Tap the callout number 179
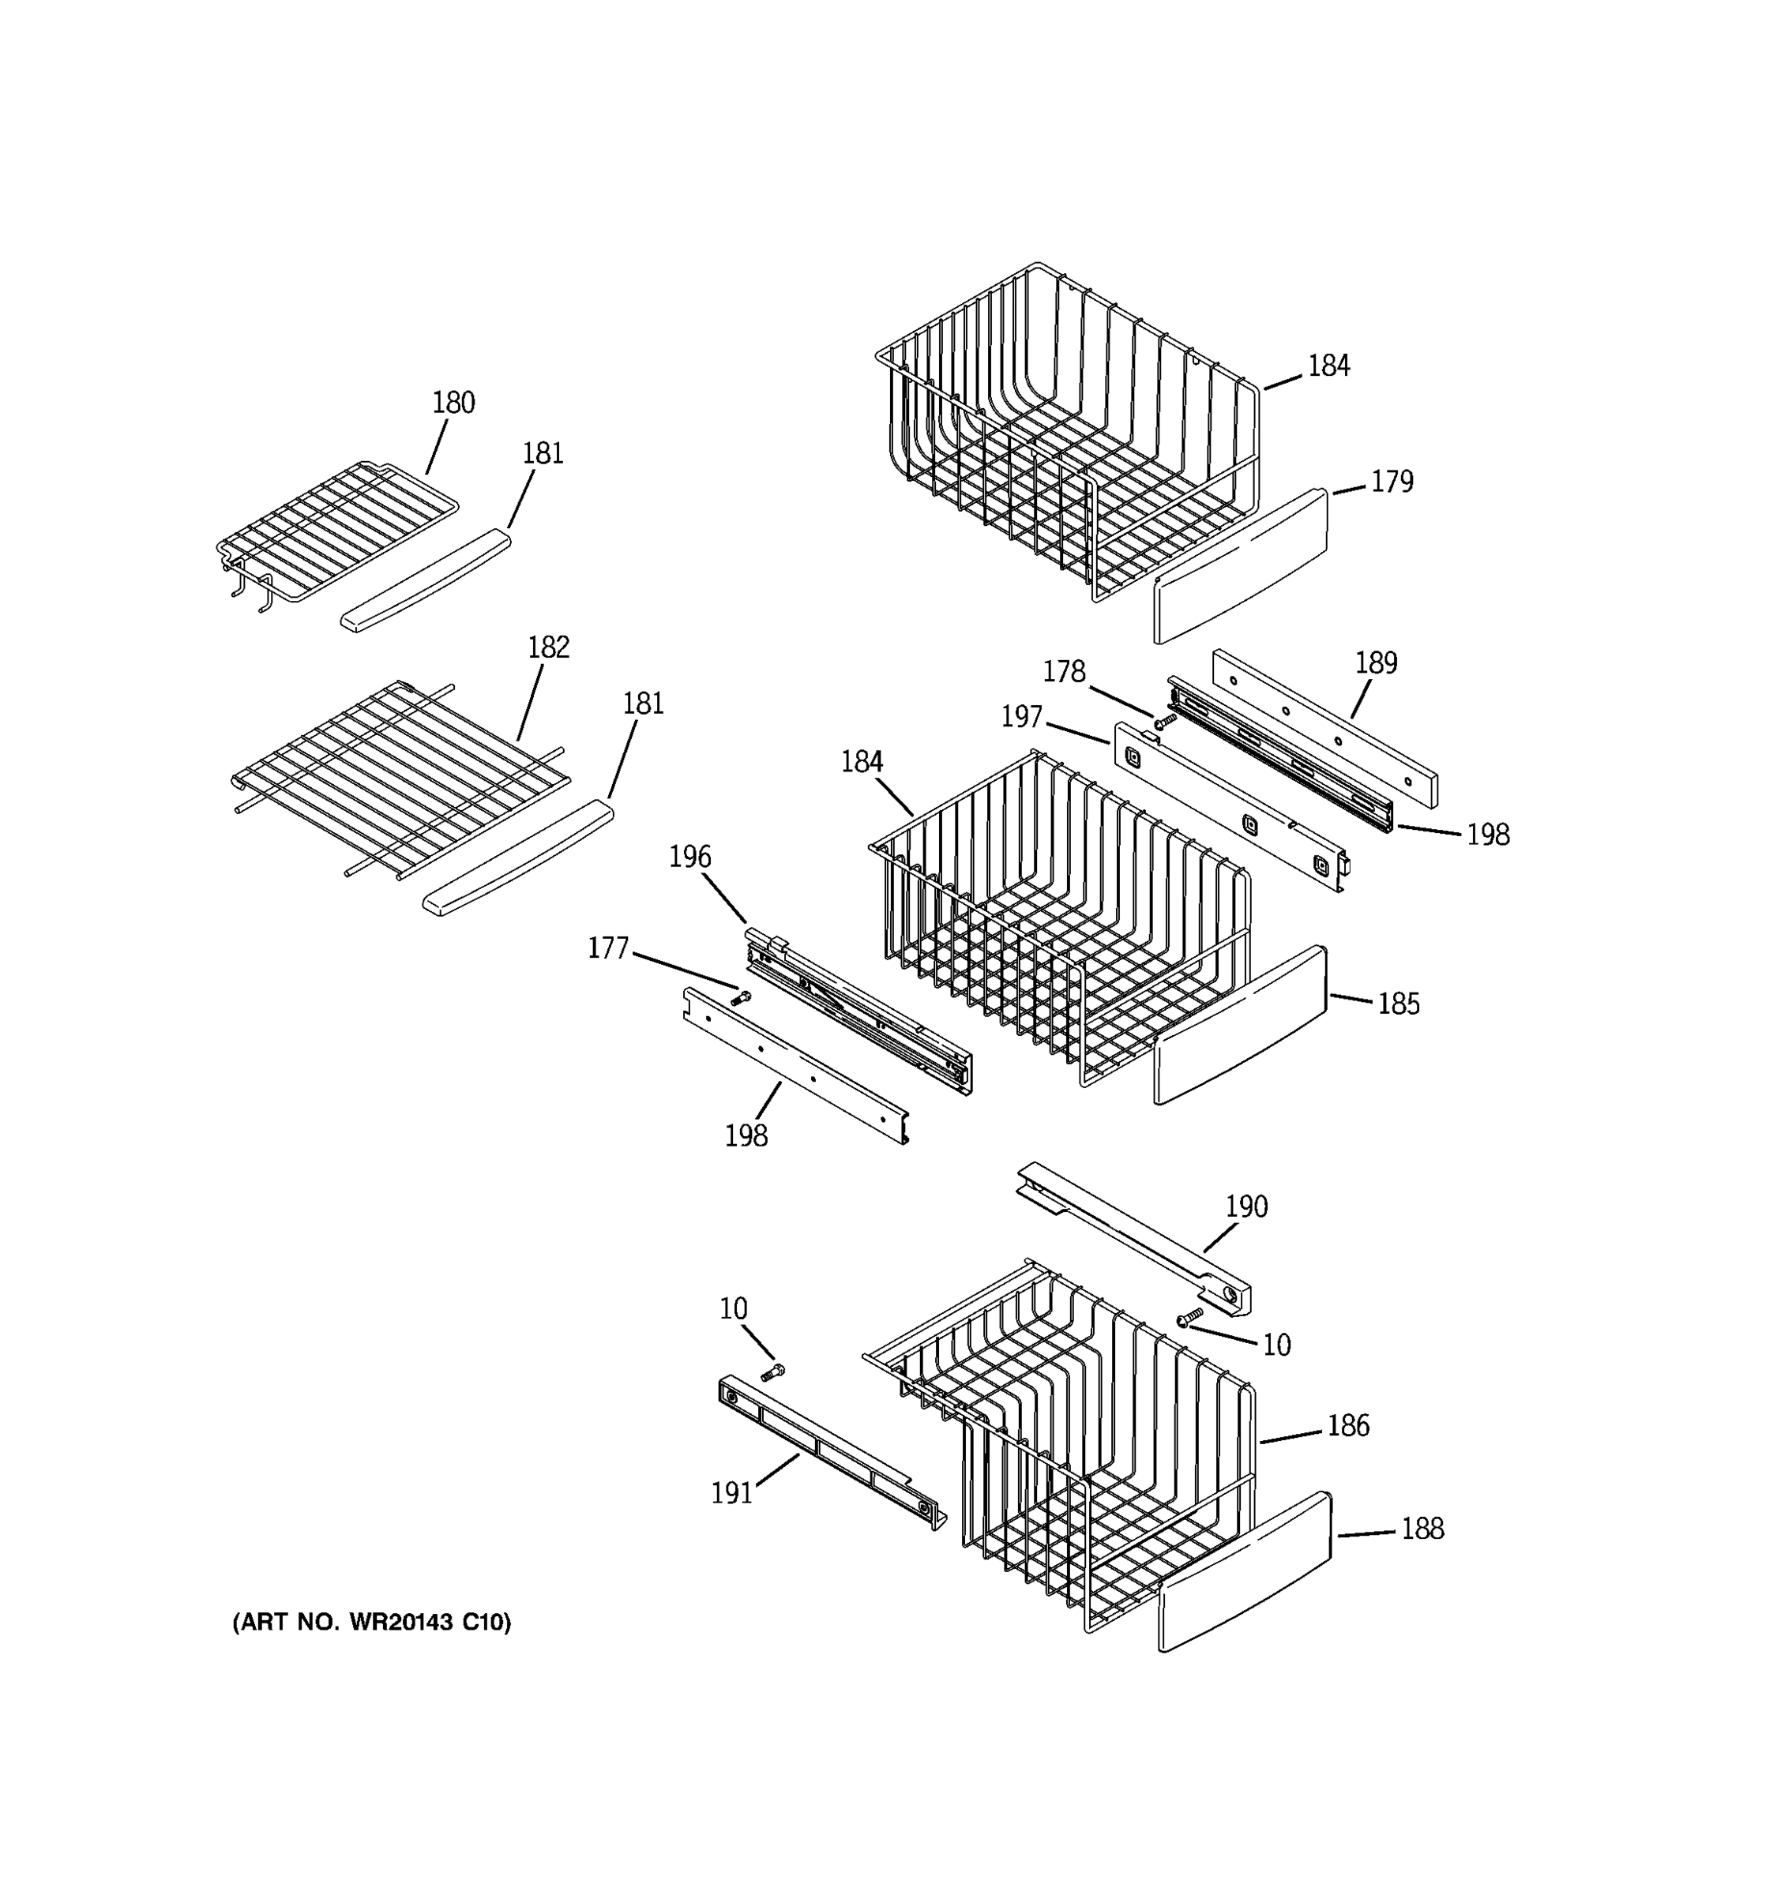pyautogui.click(x=1391, y=482)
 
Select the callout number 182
pyautogui.click(x=548, y=648)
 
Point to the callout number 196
pyautogui.click(x=689, y=857)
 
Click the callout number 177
pyautogui.click(x=608, y=948)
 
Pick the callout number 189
pyautogui.click(x=1376, y=663)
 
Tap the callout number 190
pyautogui.click(x=1246, y=1206)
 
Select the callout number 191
pyautogui.click(x=731, y=1493)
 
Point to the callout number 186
pyautogui.click(x=1348, y=1425)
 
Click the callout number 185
pyautogui.click(x=1398, y=1004)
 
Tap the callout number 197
pyautogui.click(x=1021, y=717)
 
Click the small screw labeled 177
pyautogui.click(x=741, y=998)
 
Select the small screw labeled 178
pyautogui.click(x=1164, y=723)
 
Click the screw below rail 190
pyautogui.click(x=1189, y=1316)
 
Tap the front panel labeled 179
pyautogui.click(x=1239, y=567)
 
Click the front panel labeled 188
pyautogui.click(x=1244, y=1573)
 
